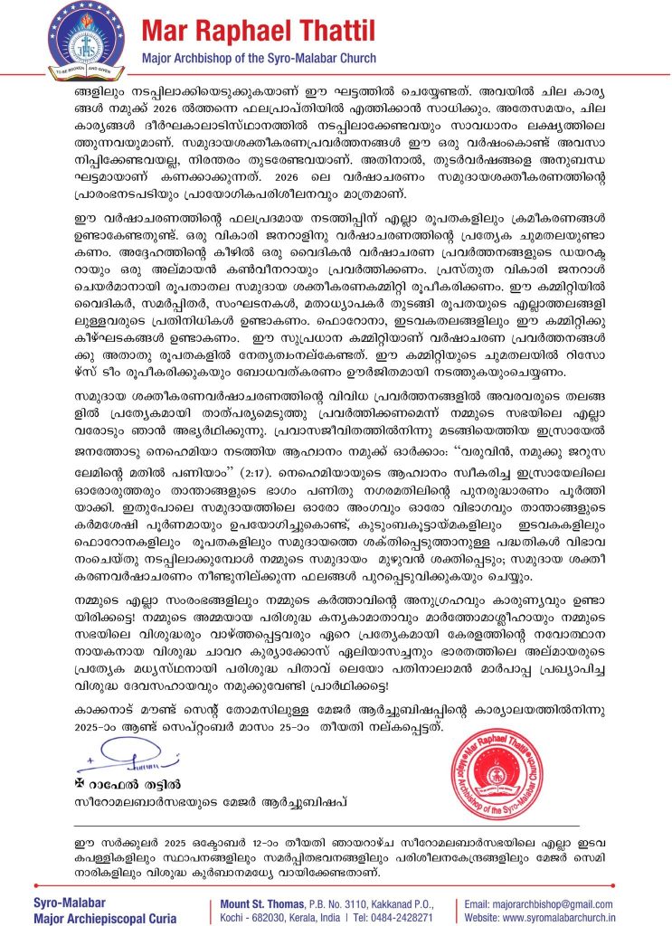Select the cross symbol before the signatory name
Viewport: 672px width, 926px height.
click(80, 780)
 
